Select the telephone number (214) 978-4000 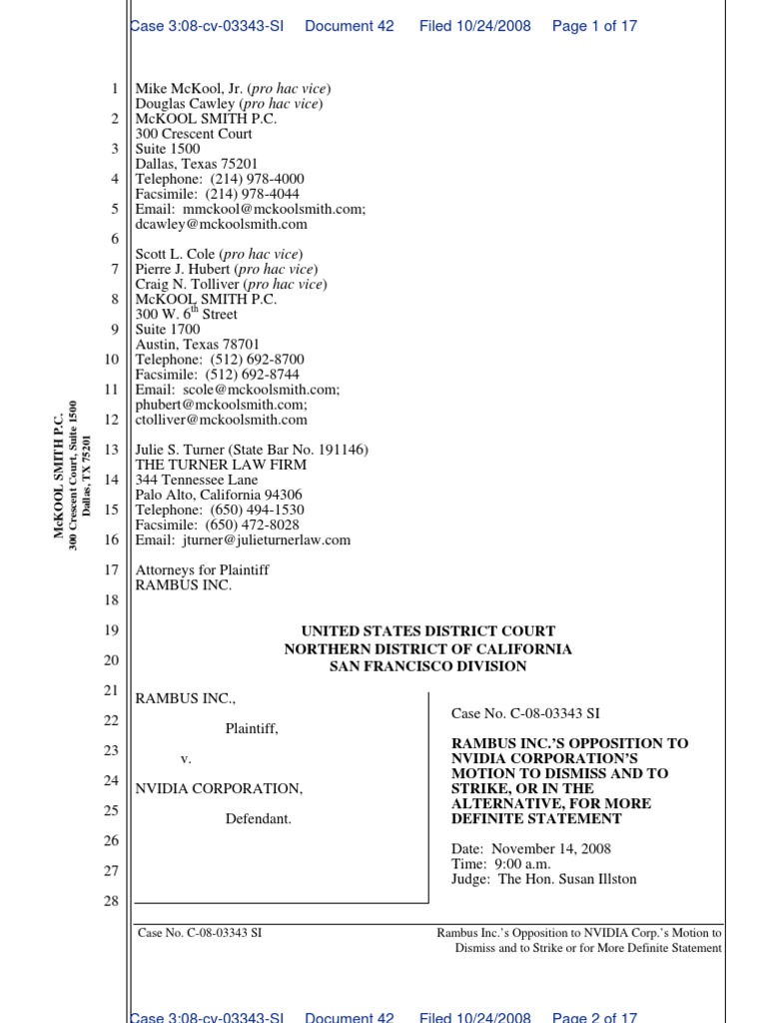(x=257, y=179)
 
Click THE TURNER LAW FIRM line (x=221, y=465)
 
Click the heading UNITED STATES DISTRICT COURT (x=427, y=631)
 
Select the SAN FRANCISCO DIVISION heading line (x=427, y=665)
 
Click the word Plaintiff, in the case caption (x=252, y=728)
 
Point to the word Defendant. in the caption (x=258, y=819)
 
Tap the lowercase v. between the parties (x=186, y=758)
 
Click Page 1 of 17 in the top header (x=594, y=26)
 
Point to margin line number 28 (x=111, y=901)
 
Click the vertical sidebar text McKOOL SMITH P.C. (x=59, y=475)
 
